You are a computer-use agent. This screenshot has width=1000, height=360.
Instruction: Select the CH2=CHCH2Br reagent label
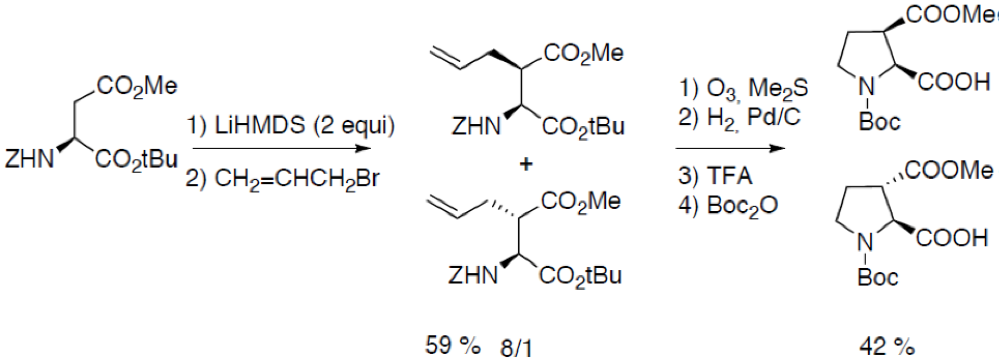tap(282, 179)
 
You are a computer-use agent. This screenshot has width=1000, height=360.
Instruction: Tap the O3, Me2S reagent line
tap(743, 89)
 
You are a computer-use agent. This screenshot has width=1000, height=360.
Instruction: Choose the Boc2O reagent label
tap(728, 206)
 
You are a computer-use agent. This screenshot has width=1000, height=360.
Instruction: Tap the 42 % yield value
tap(887, 347)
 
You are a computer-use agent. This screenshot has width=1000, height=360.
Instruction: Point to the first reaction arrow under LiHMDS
tap(281, 149)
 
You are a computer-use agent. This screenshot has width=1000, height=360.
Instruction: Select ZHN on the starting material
tap(29, 159)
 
